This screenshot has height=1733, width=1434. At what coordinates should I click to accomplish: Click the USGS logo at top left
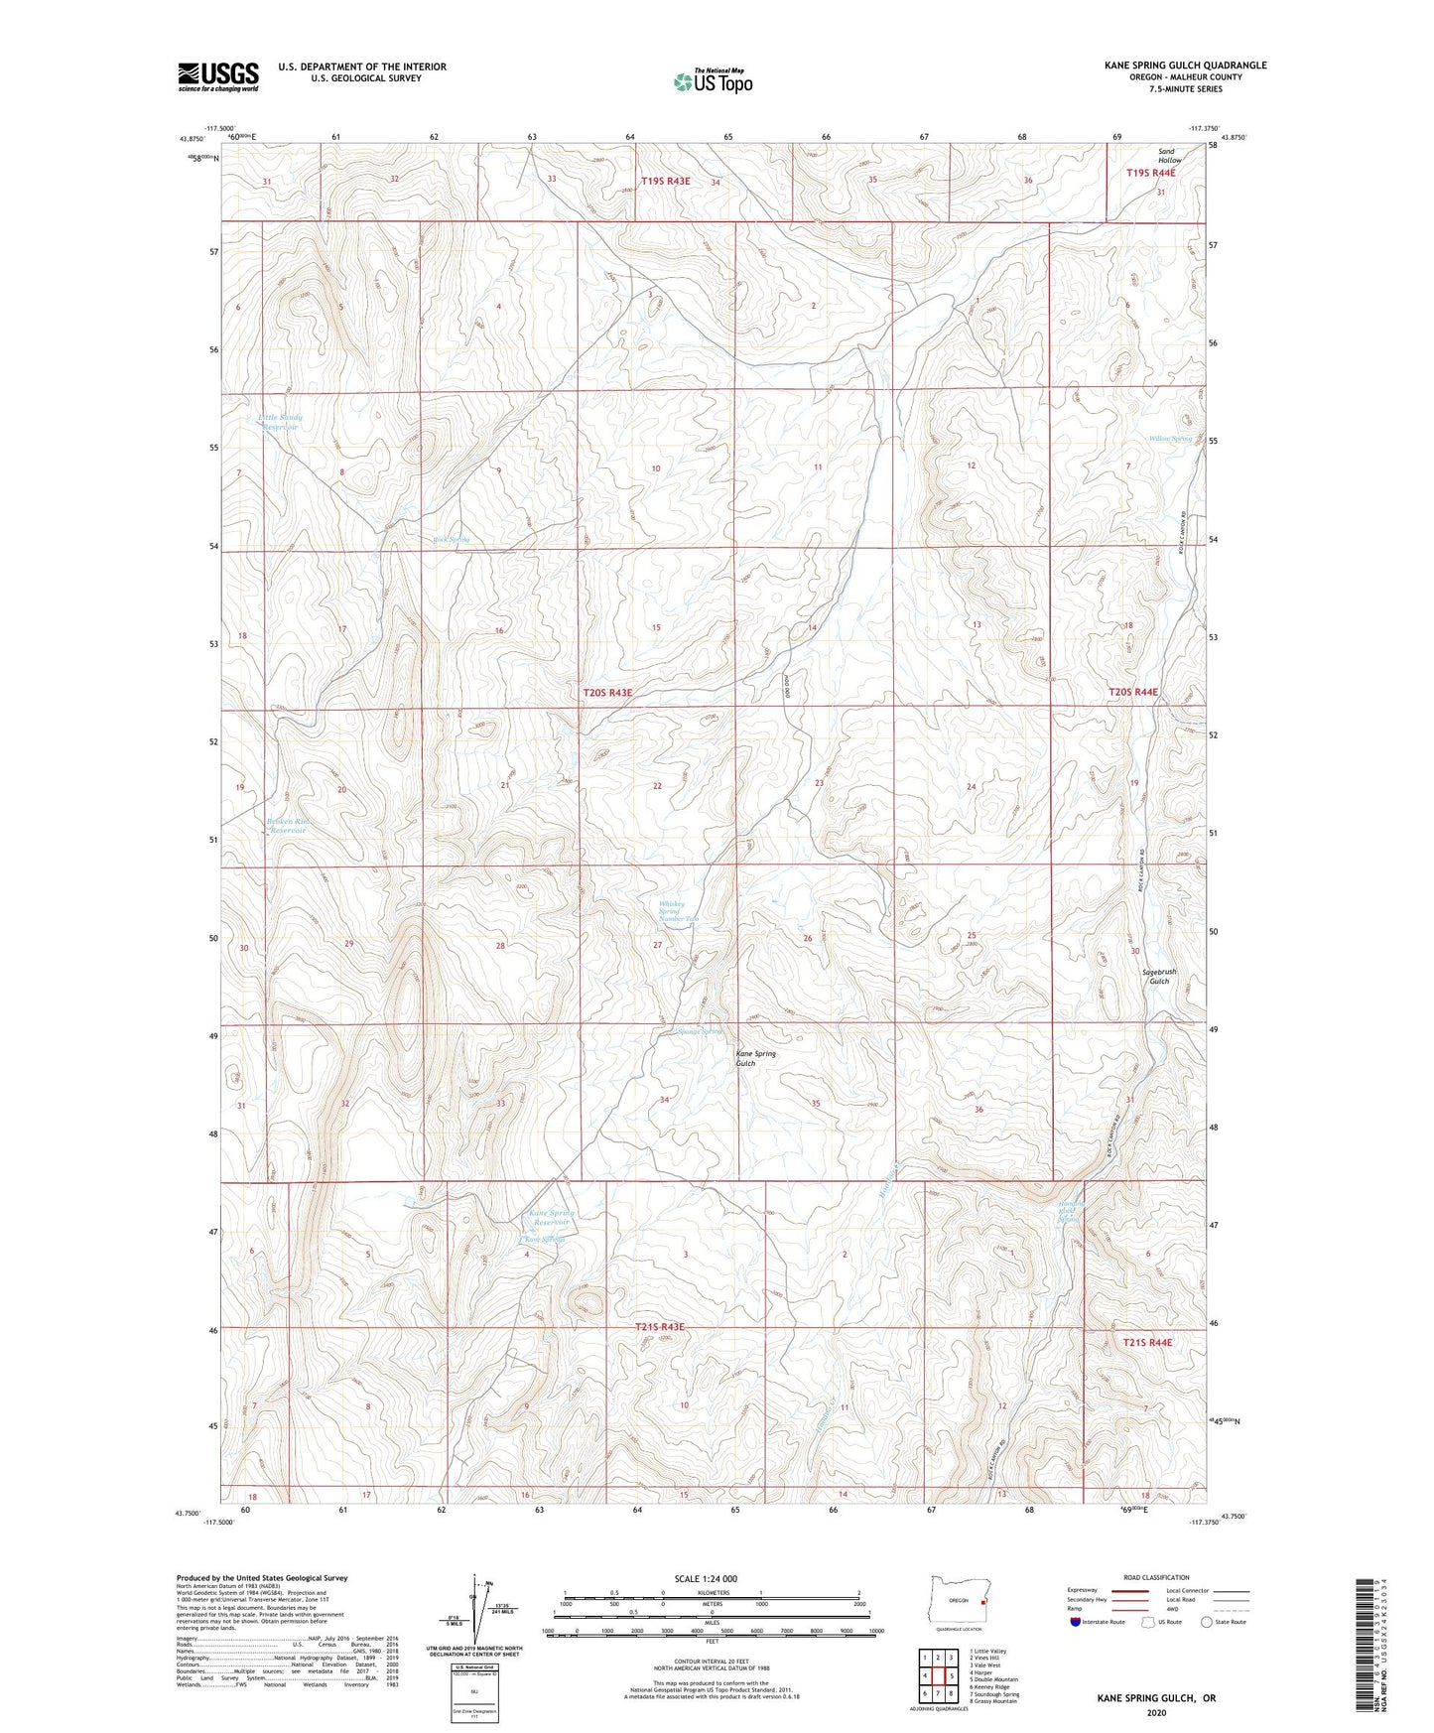click(x=218, y=76)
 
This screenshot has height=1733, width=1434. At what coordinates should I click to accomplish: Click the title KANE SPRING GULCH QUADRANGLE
click(x=1185, y=66)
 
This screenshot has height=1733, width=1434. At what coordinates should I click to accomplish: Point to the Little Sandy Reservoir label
click(x=280, y=422)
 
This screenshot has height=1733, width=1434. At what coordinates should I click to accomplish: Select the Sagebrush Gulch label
click(x=1159, y=977)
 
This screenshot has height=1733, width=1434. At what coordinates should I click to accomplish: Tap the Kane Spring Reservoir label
click(x=551, y=1217)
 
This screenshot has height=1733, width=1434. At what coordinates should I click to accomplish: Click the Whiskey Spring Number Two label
click(x=679, y=911)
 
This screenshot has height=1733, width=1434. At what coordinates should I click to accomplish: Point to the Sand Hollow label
click(x=1170, y=156)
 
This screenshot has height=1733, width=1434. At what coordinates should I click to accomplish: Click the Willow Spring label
click(x=1170, y=439)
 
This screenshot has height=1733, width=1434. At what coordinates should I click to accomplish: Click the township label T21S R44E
click(x=1147, y=1342)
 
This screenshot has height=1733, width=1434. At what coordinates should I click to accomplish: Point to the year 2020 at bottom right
click(x=1155, y=1712)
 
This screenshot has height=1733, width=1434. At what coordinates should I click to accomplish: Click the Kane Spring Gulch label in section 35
click(x=755, y=1058)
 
